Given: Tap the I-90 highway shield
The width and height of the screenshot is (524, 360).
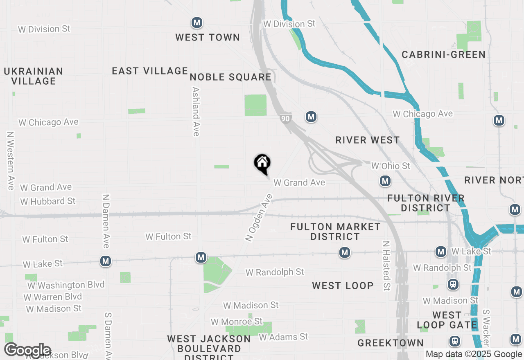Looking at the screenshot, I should (x=286, y=118).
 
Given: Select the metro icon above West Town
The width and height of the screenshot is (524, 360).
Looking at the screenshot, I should (x=197, y=22).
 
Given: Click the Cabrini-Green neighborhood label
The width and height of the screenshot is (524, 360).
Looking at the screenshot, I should (x=443, y=54).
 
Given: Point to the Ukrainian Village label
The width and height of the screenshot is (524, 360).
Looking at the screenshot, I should (x=34, y=76).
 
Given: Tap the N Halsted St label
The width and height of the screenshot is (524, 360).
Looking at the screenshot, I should (x=386, y=265).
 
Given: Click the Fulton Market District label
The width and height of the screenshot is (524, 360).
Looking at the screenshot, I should (x=335, y=232).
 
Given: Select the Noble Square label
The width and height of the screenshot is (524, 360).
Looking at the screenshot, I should (x=230, y=77).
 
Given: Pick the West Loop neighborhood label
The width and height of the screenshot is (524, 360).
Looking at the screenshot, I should (x=343, y=286).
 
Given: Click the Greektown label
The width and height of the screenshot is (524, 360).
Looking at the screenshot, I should (x=390, y=343).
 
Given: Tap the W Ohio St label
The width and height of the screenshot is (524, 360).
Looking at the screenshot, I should (x=390, y=166).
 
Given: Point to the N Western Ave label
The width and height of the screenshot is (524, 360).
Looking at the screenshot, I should (x=11, y=160).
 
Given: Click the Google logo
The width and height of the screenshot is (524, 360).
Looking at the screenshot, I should (x=27, y=350).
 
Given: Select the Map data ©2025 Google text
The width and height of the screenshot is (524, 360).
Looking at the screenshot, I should (x=474, y=354).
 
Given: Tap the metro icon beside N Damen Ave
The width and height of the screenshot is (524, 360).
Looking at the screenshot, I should (x=106, y=261).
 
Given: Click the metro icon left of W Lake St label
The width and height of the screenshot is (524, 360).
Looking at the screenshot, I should (x=440, y=252).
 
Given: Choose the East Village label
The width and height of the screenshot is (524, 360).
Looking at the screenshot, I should (x=150, y=71).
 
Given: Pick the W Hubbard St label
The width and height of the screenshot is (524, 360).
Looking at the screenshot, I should (x=48, y=201).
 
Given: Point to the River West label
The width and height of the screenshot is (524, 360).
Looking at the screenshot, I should (x=367, y=140).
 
